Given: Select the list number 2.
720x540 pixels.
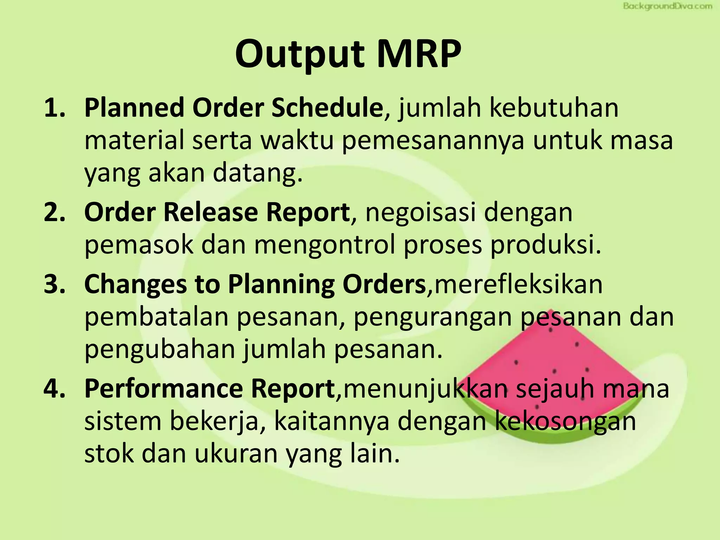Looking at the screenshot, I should point(54,212).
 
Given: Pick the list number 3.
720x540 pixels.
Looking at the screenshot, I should point(54,284).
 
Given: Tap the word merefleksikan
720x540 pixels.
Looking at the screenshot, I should point(519,284).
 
